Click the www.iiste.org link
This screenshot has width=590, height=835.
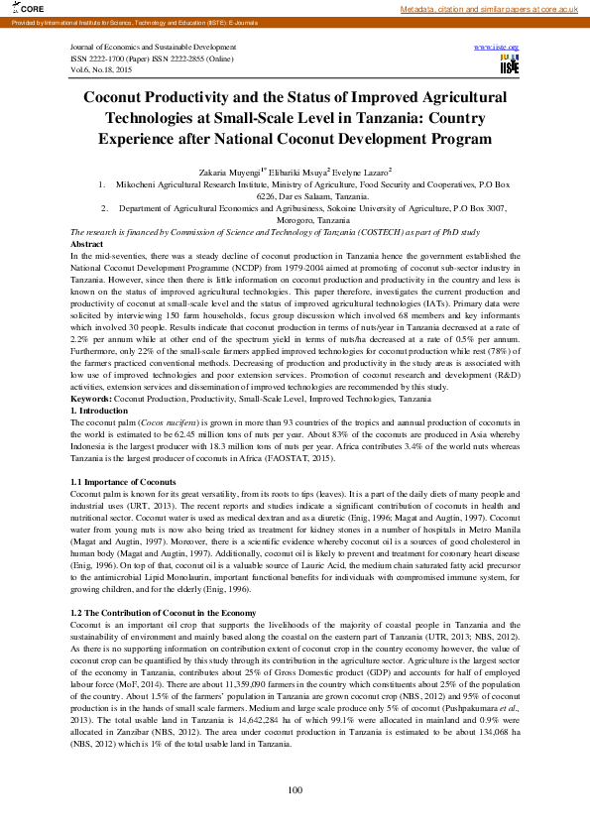(497, 48)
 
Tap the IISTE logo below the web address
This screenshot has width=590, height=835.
(510, 65)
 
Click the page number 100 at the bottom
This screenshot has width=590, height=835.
(295, 789)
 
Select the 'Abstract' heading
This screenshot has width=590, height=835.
(87, 244)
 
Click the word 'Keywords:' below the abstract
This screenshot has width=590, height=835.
(92, 398)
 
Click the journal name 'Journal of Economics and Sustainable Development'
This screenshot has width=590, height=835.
(154, 48)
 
